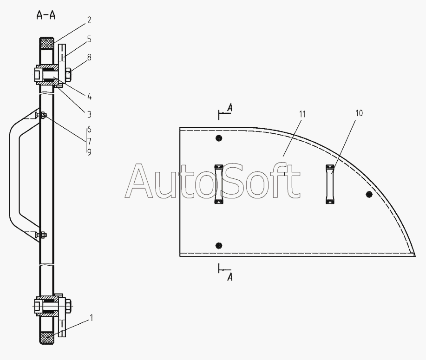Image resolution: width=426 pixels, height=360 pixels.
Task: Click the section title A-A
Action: [46, 15]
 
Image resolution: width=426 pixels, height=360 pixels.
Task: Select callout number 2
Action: [89, 20]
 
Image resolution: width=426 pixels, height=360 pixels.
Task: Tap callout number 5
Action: [89, 39]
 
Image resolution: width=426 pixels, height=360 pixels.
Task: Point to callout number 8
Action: [89, 57]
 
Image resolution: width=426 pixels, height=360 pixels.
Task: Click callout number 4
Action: [89, 97]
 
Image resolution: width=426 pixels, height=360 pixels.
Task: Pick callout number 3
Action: [89, 114]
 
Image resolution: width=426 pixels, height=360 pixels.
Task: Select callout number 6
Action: [89, 130]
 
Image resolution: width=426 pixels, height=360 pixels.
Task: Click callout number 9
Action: [89, 152]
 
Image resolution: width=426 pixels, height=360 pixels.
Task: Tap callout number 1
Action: [91, 318]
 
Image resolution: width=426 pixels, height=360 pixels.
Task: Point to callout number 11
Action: [302, 114]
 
